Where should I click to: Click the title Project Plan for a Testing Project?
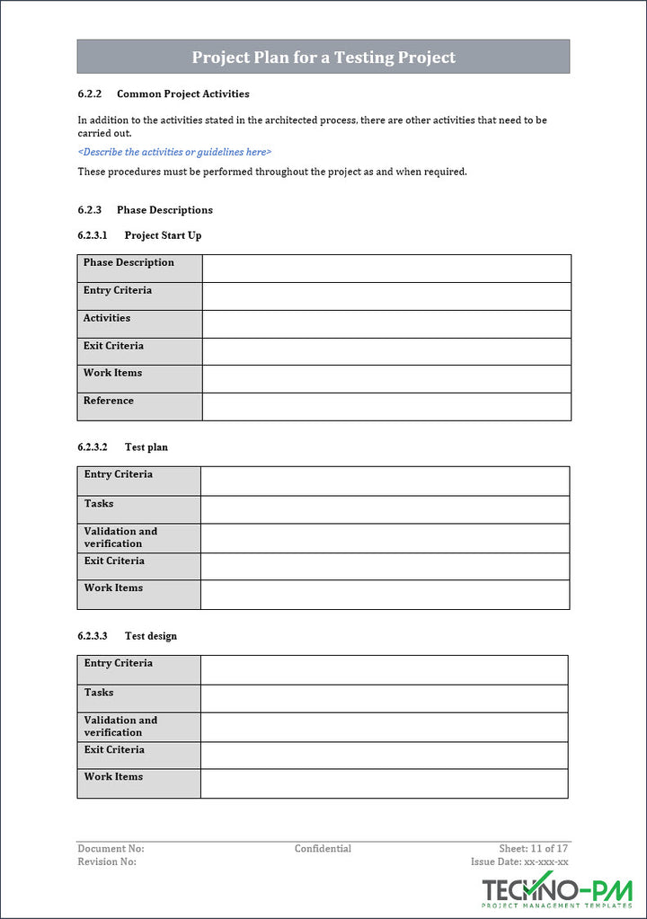tap(323, 57)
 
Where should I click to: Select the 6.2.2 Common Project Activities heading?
tap(164, 93)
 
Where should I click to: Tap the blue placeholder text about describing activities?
tap(174, 152)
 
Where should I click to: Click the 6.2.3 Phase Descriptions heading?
tap(146, 210)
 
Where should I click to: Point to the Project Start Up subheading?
tap(140, 235)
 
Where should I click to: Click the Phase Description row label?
tap(129, 263)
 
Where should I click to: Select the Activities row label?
tap(107, 318)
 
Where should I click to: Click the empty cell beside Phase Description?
tap(386, 269)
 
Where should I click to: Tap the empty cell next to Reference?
tap(386, 406)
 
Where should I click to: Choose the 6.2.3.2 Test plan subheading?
tap(123, 447)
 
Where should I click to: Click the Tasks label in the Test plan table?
tap(99, 504)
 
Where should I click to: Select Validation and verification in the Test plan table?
tap(120, 537)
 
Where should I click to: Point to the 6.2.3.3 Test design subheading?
tap(128, 636)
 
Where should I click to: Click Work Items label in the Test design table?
tap(113, 777)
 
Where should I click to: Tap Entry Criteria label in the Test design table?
tap(119, 663)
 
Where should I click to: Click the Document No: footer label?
tap(111, 849)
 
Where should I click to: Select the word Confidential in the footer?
tap(323, 849)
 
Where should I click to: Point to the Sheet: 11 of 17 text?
tap(534, 849)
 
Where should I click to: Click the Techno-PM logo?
tap(557, 891)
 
